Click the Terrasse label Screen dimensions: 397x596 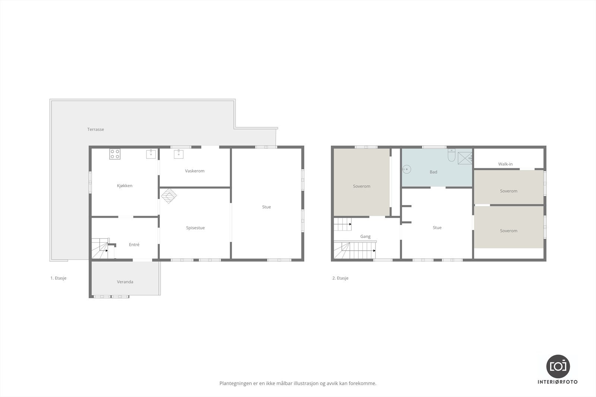point(96,129)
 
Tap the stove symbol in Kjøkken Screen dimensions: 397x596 point(115,154)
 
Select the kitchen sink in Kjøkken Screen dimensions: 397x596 point(151,154)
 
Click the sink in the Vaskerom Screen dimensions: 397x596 point(178,154)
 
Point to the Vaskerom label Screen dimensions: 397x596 point(195,171)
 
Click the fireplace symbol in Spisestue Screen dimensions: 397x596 point(169,196)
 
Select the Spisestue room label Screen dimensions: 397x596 point(196,228)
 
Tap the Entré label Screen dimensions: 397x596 point(134,245)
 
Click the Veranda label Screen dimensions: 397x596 point(125,282)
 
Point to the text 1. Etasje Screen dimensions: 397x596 point(58,278)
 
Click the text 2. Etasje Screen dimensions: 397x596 point(340,278)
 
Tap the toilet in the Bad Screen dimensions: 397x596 point(451,156)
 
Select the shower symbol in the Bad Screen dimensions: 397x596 point(465,158)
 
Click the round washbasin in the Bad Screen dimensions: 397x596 point(407,169)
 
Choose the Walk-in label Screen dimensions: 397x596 point(505,164)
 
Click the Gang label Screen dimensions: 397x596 point(365,237)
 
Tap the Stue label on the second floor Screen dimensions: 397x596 point(437,228)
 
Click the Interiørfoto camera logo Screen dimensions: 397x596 point(558,366)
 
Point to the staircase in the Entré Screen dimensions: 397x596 point(100,249)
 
